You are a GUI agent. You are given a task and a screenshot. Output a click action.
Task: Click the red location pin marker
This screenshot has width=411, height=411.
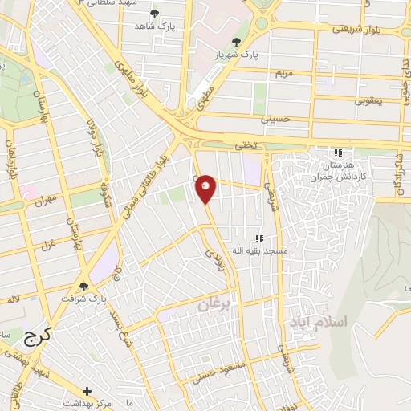206,188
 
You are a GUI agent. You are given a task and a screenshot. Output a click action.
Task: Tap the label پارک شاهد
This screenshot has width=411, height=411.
154,26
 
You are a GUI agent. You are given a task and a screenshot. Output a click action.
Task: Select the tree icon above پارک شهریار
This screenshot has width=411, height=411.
236,43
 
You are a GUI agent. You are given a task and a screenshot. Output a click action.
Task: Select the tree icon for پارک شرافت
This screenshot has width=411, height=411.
83,286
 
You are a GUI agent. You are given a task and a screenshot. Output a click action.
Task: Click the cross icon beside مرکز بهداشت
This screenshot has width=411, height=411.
87,391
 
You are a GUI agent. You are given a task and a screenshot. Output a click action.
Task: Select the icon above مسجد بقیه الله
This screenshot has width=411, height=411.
258,238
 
